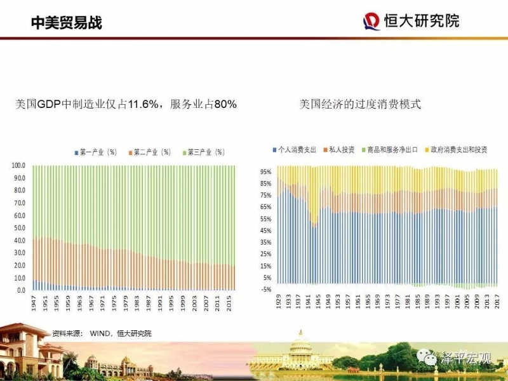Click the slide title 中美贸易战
coord(67,23)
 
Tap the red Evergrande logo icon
coord(371,22)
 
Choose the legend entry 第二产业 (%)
coord(150,152)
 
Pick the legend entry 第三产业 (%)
coord(204,152)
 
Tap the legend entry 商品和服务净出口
coord(391,150)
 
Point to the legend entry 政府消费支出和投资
coord(455,150)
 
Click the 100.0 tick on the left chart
coord(18,165)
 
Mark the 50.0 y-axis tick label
coord(20,227)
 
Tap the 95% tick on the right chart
coord(266,171)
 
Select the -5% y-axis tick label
coord(266,289)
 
